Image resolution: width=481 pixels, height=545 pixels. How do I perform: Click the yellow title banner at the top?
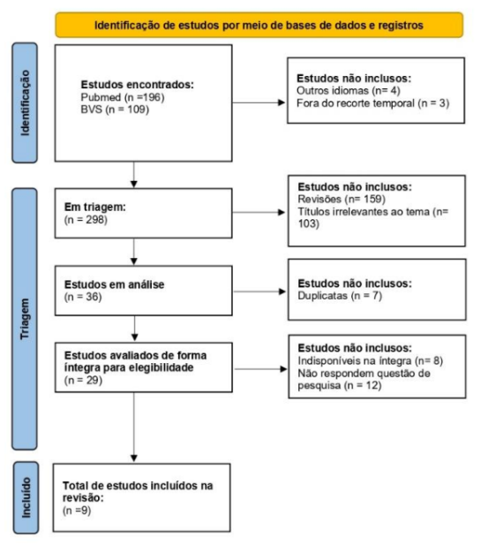(x=259, y=25)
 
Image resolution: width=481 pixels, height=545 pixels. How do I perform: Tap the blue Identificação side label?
(x=25, y=102)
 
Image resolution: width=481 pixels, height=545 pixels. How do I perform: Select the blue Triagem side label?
(x=25, y=319)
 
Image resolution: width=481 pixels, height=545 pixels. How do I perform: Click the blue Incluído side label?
(x=26, y=497)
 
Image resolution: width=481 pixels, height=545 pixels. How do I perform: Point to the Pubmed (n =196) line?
(x=123, y=97)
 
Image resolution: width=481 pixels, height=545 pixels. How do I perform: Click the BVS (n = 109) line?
(x=115, y=110)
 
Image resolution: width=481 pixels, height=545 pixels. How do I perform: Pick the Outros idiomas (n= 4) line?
(x=349, y=91)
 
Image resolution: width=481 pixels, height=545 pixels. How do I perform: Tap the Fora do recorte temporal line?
(x=372, y=103)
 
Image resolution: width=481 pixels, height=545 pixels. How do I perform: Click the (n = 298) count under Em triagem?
(x=86, y=220)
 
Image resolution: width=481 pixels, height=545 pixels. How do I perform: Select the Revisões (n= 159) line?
(x=342, y=199)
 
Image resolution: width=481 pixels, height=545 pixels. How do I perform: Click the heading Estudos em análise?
(x=114, y=284)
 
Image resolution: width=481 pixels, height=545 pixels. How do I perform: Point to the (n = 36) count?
(x=83, y=297)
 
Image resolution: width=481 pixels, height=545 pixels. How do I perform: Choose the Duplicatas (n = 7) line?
(x=340, y=296)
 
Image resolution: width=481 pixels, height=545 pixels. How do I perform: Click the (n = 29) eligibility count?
(x=83, y=380)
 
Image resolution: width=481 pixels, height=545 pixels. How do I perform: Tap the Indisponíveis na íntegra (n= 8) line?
(x=370, y=360)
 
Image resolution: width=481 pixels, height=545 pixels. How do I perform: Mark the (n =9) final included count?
(x=77, y=511)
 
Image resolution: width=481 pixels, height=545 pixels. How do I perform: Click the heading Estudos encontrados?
(x=137, y=85)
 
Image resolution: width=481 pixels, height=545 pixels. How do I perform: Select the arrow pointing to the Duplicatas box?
(x=259, y=291)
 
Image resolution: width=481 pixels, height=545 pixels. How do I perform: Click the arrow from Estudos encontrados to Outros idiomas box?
(x=259, y=102)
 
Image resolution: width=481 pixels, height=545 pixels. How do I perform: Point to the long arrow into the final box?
(x=133, y=428)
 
